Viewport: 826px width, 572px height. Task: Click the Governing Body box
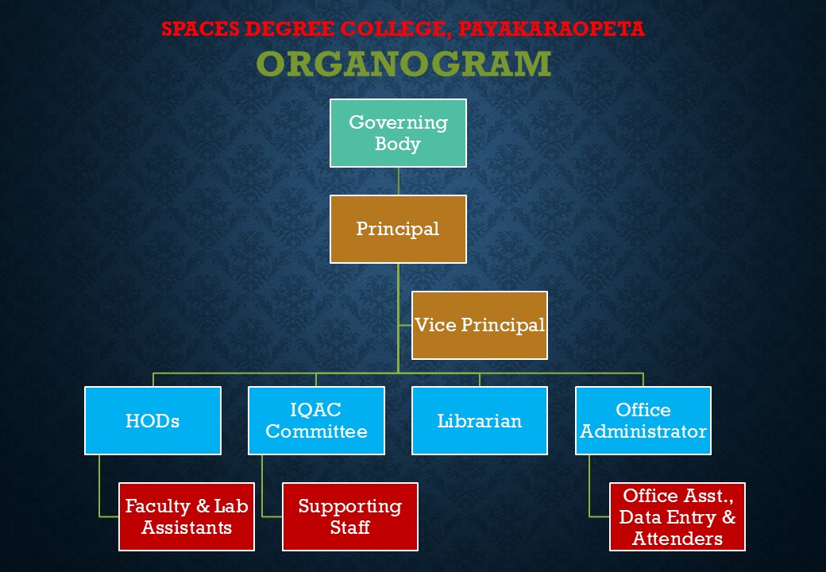point(398,133)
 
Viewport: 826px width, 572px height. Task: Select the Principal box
point(398,229)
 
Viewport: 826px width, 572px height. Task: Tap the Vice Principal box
point(480,325)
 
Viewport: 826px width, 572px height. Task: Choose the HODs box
point(152,421)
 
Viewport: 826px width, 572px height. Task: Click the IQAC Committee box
point(316,421)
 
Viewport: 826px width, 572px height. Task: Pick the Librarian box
point(480,421)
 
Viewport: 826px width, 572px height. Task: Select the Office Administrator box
point(643,421)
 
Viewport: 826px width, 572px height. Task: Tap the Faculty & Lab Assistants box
point(187,516)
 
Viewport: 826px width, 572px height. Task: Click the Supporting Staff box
point(350,516)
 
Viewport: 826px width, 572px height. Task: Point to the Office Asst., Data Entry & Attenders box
point(677,516)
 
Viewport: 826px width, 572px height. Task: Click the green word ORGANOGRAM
point(403,64)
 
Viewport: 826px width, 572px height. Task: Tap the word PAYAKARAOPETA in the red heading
point(551,29)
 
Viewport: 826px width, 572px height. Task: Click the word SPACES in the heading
point(200,29)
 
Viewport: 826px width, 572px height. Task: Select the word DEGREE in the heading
point(289,29)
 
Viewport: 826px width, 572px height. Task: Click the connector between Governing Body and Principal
point(398,181)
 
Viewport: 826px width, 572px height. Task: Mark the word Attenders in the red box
point(677,539)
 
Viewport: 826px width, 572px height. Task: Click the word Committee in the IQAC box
point(316,431)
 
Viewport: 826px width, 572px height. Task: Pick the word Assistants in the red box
point(187,528)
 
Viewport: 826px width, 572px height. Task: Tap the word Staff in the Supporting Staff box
point(350,528)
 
